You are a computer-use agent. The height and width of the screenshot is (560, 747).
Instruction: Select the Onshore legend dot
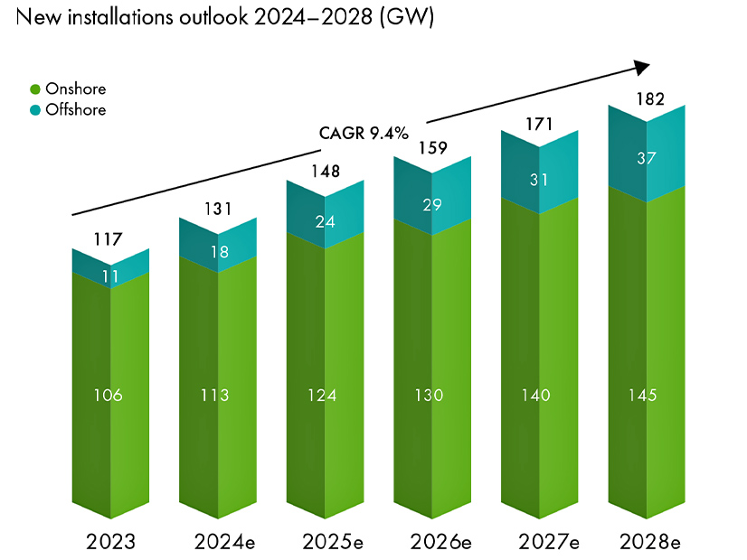[x=35, y=89]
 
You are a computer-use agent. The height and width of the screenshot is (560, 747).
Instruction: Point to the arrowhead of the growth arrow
[x=642, y=67]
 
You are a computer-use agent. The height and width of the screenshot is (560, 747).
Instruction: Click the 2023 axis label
[x=110, y=542]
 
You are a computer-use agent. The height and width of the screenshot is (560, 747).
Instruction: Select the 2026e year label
[x=433, y=542]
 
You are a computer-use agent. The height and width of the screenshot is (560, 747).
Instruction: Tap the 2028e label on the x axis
[x=648, y=542]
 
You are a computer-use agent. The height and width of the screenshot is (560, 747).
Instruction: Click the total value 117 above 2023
[x=110, y=238]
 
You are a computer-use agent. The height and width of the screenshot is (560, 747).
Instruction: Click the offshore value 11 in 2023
[x=110, y=276]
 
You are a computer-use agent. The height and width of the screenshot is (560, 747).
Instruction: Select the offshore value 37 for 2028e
[x=648, y=158]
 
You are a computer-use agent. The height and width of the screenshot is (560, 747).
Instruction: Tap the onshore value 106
[x=110, y=395]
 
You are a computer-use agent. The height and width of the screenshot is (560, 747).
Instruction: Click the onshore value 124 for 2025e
[x=325, y=395]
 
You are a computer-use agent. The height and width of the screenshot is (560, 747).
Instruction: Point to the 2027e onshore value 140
[x=541, y=395]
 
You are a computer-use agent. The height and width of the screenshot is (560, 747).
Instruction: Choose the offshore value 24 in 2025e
[x=325, y=219]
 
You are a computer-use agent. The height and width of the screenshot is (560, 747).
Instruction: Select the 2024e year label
[x=218, y=542]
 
